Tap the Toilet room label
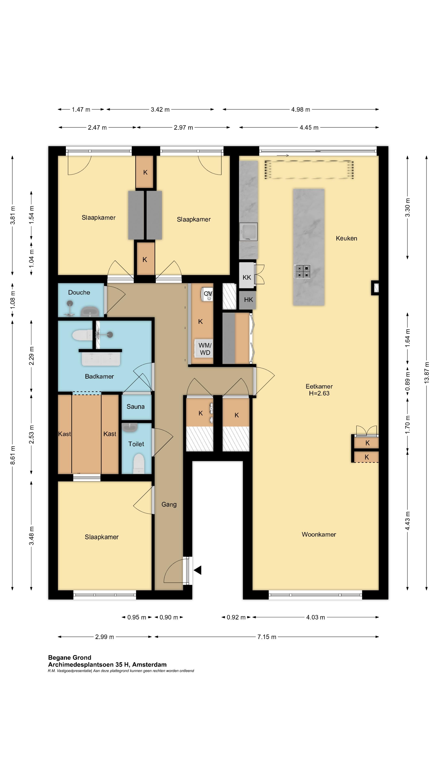[136, 444]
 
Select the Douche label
[79, 292]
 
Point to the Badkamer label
[99, 376]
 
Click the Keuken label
[346, 238]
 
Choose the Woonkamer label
[319, 534]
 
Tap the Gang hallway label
[169, 504]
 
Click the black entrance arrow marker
[198, 570]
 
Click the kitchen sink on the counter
[248, 231]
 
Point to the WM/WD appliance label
[205, 349]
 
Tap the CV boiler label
[208, 294]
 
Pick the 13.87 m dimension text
[427, 373]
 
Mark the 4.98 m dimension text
[301, 110]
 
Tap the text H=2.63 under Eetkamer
[319, 393]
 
